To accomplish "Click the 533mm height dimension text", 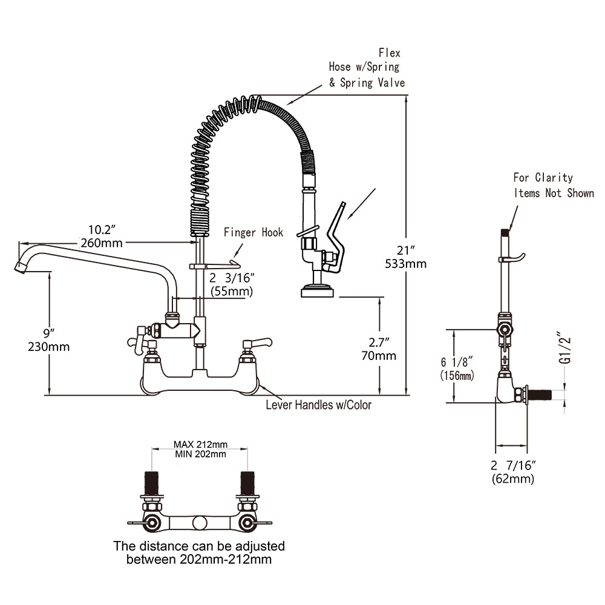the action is point(405,264).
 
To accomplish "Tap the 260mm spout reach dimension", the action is point(102,243).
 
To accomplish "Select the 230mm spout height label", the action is point(48,347).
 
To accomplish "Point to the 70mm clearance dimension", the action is point(379,356).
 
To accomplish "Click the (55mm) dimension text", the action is point(232,292).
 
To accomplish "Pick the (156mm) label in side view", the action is point(457,376).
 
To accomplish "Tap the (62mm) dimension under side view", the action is point(513,479).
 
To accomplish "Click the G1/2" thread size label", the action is point(564,347).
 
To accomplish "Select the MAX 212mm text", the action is point(200,445).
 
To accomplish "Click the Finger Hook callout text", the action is point(253,232).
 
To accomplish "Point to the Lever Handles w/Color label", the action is point(319,405).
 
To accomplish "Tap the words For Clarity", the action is point(543,177).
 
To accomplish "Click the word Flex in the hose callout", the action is point(389,53).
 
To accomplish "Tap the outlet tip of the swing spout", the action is point(21,267).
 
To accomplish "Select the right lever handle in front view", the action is point(257,342).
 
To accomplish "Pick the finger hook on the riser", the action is point(215,266).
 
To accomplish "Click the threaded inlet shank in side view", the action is point(540,394).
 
